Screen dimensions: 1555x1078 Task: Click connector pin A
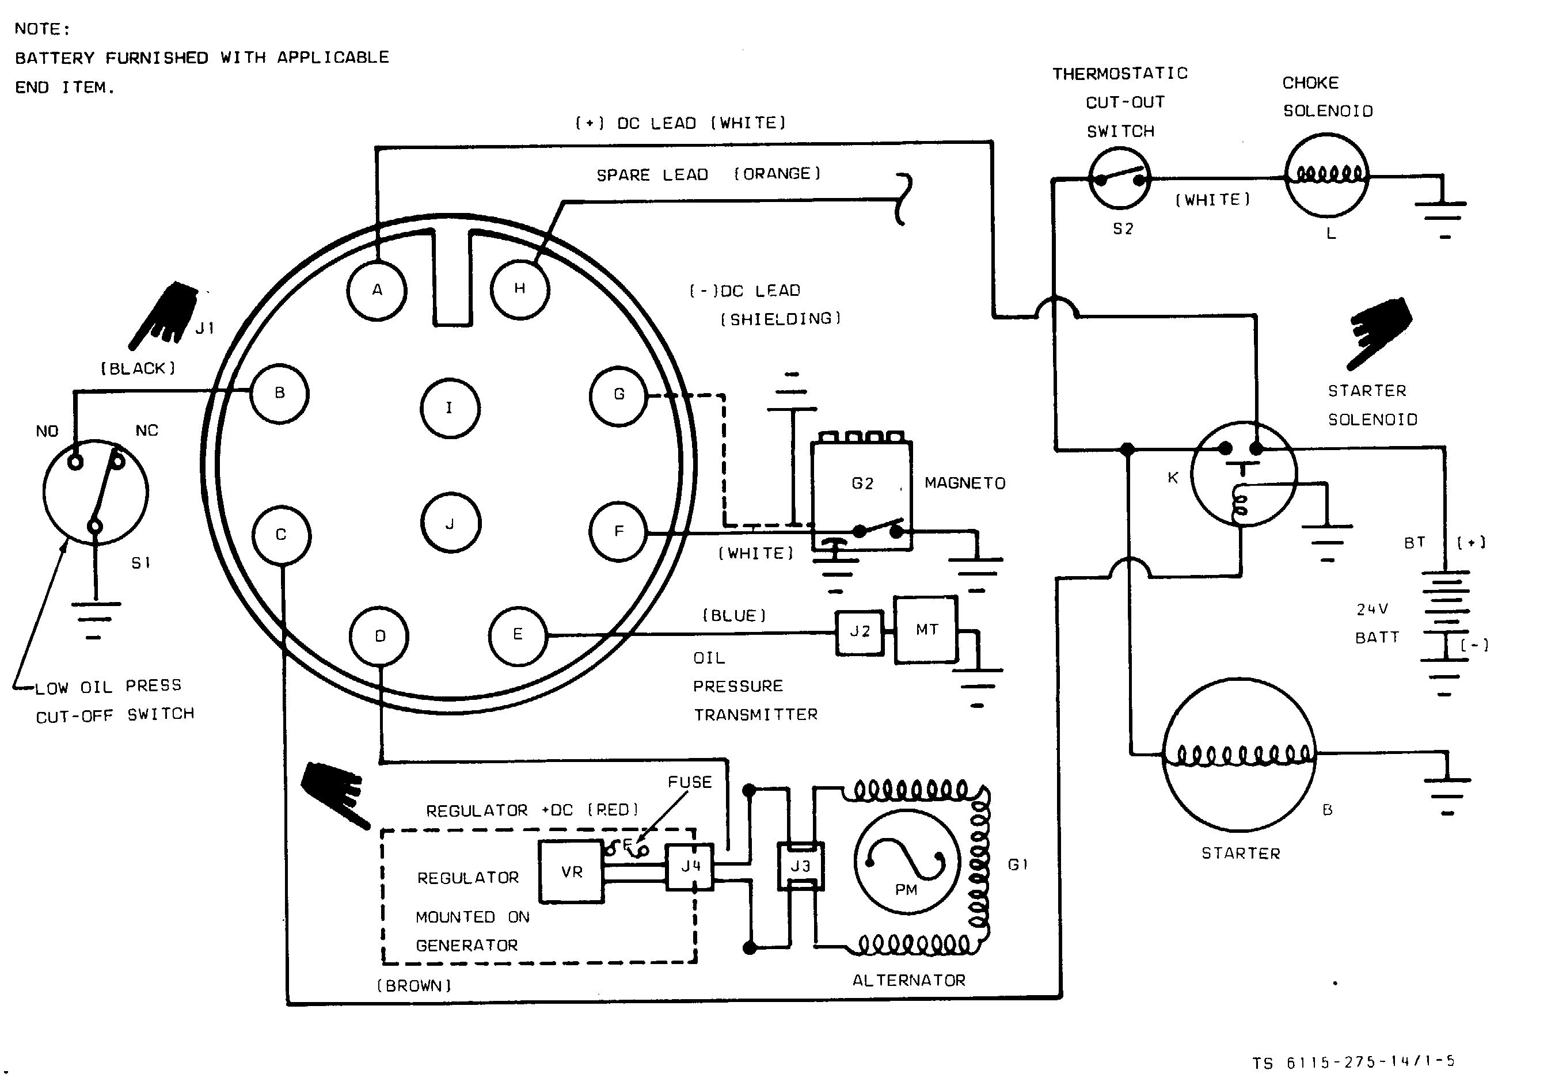pos(377,291)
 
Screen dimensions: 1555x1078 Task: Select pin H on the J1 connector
pos(519,289)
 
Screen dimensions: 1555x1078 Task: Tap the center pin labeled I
pos(450,408)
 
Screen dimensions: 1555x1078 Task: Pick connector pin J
pos(451,523)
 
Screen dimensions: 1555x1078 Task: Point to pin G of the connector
pos(619,395)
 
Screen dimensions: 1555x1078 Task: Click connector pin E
pos(518,635)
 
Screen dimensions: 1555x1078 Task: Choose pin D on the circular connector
pos(379,636)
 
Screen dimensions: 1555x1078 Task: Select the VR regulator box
pos(572,871)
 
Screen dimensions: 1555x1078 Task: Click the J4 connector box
pos(690,867)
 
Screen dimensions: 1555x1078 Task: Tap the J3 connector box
pos(800,866)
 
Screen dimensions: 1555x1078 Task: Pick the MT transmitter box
pos(926,630)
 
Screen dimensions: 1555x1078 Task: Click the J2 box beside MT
pos(859,632)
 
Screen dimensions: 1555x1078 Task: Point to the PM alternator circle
pos(907,862)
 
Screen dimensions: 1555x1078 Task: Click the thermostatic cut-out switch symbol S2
pos(1120,178)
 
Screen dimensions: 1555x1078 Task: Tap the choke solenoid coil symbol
pos(1326,176)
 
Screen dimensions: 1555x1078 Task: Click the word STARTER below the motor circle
pos(1241,853)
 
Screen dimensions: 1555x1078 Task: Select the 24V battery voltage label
pos(1372,610)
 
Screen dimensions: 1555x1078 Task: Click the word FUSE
pos(690,782)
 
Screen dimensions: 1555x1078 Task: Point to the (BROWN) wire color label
pos(414,985)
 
